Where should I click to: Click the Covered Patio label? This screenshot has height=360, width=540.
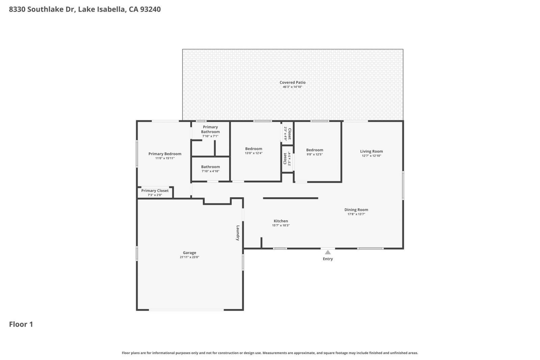[292, 82]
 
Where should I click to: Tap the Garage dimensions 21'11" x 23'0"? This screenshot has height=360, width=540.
[189, 257]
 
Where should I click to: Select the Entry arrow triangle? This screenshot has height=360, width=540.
[328, 252]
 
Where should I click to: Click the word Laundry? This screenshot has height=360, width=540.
[238, 233]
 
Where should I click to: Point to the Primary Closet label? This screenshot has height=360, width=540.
[155, 191]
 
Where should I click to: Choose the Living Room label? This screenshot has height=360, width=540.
[371, 151]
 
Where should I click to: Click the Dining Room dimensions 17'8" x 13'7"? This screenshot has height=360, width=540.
[356, 214]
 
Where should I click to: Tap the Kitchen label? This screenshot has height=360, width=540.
[280, 221]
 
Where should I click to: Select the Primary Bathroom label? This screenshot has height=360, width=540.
[210, 129]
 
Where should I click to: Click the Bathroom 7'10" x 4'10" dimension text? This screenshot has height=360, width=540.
[210, 171]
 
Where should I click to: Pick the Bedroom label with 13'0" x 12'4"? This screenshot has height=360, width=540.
[253, 149]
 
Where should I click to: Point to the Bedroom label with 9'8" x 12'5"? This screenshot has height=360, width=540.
[315, 150]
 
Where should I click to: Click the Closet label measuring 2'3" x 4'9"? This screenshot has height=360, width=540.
[289, 134]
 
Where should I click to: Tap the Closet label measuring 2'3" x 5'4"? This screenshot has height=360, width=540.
[285, 159]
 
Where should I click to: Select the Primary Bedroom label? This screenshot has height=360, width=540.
[165, 154]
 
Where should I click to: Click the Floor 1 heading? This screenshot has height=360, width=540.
[21, 324]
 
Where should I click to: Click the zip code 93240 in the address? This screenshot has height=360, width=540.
[150, 9]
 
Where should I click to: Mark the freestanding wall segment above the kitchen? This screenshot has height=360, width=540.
[290, 198]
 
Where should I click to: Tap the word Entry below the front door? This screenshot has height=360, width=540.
[328, 259]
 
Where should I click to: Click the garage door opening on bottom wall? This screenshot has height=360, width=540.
[186, 310]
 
